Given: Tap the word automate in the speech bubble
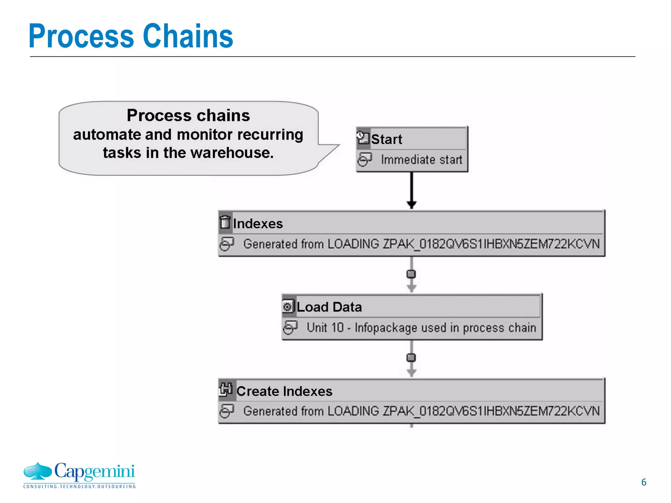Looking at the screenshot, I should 106,135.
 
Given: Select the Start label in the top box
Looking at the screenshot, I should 386,139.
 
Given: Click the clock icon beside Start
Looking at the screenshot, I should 363,138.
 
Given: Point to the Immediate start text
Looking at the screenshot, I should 421,160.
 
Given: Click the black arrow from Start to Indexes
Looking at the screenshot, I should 412,190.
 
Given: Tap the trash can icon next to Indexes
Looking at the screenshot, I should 225,222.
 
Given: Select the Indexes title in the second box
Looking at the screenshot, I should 258,224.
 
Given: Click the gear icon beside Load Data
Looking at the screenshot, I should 288,307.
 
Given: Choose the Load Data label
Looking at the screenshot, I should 329,307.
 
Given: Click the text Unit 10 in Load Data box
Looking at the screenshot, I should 325,327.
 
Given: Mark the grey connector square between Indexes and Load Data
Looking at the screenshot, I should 411,274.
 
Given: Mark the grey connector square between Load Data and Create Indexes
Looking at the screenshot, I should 411,358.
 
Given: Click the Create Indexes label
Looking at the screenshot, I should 284,391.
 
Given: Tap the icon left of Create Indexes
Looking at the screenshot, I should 226,389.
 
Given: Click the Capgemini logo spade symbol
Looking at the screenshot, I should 38,471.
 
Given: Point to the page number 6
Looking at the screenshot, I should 643,482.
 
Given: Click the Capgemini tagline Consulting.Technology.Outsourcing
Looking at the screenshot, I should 79,487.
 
